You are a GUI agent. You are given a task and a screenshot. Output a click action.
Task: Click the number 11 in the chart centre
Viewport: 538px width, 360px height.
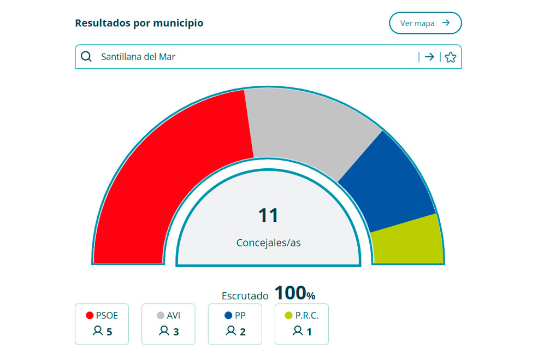268,215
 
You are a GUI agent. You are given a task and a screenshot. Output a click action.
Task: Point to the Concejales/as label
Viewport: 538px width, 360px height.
268,243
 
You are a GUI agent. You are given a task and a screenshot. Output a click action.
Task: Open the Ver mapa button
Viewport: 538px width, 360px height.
425,23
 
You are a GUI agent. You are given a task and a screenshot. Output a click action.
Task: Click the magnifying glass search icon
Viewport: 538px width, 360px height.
86,56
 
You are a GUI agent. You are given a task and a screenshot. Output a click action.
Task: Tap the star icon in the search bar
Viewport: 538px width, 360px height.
450,57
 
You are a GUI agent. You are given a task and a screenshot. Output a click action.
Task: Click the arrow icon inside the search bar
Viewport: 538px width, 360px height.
429,57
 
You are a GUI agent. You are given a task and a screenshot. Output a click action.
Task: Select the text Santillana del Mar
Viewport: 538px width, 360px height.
138,56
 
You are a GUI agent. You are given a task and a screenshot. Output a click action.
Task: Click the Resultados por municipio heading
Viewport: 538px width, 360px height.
139,23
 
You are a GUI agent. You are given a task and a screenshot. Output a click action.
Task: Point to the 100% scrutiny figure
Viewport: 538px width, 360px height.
294,293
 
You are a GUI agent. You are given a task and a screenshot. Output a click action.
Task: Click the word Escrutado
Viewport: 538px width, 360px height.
245,296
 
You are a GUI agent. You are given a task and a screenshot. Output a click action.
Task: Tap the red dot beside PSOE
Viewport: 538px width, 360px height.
90,315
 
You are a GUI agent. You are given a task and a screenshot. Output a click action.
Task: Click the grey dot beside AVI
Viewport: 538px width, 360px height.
160,315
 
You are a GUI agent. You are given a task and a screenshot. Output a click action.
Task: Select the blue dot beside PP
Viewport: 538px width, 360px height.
228,315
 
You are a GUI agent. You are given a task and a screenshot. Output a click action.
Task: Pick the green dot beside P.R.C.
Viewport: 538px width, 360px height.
288,315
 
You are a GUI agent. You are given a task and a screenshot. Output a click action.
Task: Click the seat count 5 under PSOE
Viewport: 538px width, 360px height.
109,332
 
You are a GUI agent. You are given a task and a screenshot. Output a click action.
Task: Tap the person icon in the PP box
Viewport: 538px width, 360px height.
231,331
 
